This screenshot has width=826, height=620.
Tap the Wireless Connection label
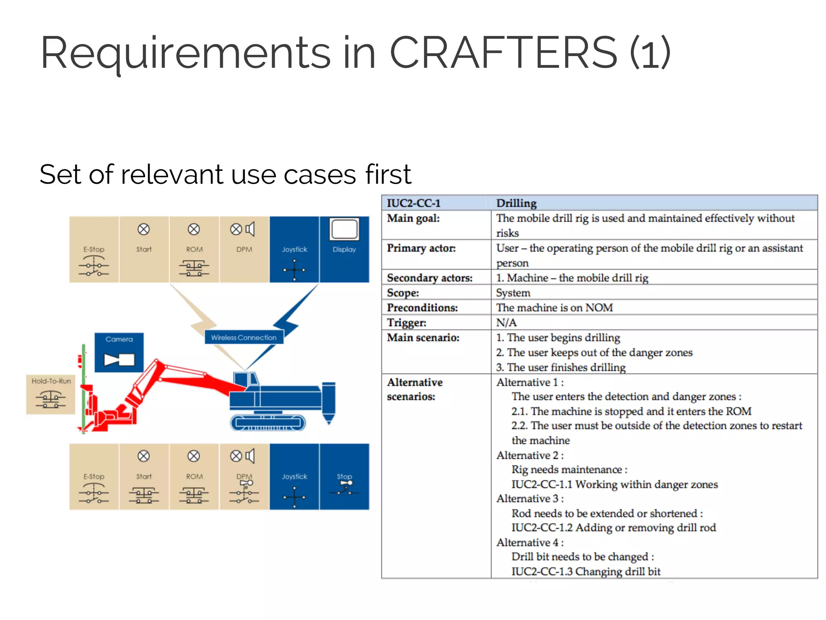(244, 337)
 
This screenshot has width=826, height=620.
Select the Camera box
(119, 352)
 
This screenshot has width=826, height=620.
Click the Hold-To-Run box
(51, 394)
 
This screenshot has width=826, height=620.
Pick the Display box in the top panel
(344, 249)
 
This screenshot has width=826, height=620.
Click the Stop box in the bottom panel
(344, 476)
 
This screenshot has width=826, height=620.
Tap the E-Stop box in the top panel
(94, 249)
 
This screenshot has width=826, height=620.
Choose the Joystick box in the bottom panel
(294, 476)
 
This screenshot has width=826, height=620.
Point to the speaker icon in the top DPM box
(250, 229)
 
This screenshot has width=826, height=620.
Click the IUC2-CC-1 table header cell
(414, 203)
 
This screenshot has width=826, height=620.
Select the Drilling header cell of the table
(516, 203)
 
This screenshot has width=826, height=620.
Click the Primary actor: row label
(421, 248)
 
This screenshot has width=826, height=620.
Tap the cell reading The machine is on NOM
(554, 308)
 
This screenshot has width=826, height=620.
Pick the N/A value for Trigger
(506, 323)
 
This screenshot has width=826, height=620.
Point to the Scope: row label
(403, 293)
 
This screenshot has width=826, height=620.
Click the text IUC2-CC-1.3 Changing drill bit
(586, 571)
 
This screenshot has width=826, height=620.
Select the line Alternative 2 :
(530, 455)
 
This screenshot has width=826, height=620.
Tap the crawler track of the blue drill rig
(268, 423)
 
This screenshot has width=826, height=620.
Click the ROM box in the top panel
(194, 249)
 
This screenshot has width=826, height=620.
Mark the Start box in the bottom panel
(144, 476)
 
